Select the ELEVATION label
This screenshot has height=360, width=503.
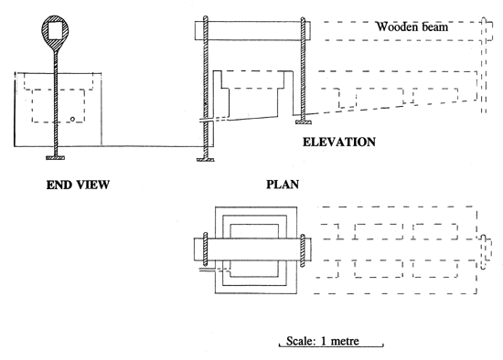[x=340, y=143]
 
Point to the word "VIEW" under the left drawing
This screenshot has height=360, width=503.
[x=91, y=185]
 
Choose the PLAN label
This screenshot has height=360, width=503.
[x=284, y=184]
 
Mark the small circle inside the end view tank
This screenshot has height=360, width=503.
[x=70, y=121]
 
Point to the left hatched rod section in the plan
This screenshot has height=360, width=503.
[x=206, y=249]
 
